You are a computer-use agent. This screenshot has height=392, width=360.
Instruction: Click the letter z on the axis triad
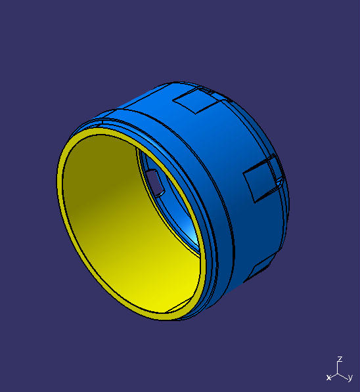tap(340, 360)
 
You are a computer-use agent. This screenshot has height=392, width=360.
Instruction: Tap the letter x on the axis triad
tap(328, 378)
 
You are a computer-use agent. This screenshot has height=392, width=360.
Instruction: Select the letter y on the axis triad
tap(350, 378)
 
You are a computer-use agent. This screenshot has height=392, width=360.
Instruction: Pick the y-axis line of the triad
tap(344, 376)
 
